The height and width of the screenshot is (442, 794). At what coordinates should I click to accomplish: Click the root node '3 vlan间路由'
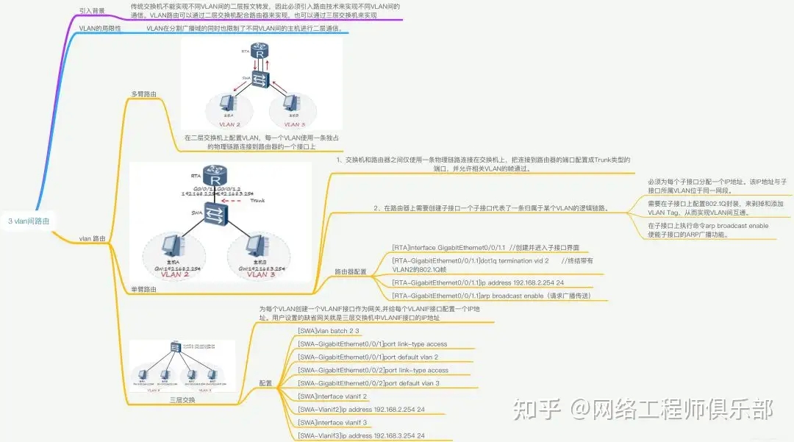point(29,221)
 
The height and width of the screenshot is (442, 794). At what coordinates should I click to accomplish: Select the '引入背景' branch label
point(92,11)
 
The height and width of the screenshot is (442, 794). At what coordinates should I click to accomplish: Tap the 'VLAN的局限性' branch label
point(100,28)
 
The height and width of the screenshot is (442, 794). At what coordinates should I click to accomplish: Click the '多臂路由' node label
point(143,94)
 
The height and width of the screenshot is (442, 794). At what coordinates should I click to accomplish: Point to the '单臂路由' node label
point(143,289)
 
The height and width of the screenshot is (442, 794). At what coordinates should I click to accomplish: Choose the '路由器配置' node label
point(351,271)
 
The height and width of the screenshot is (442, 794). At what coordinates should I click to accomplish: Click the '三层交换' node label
point(182,400)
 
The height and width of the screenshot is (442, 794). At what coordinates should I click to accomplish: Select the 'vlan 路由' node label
point(92,238)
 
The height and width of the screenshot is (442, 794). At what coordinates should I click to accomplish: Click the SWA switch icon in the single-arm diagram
point(217,213)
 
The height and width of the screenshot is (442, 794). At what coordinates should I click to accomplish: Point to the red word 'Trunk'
point(257,200)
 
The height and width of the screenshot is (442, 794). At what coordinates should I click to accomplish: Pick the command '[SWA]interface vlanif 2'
point(332,396)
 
